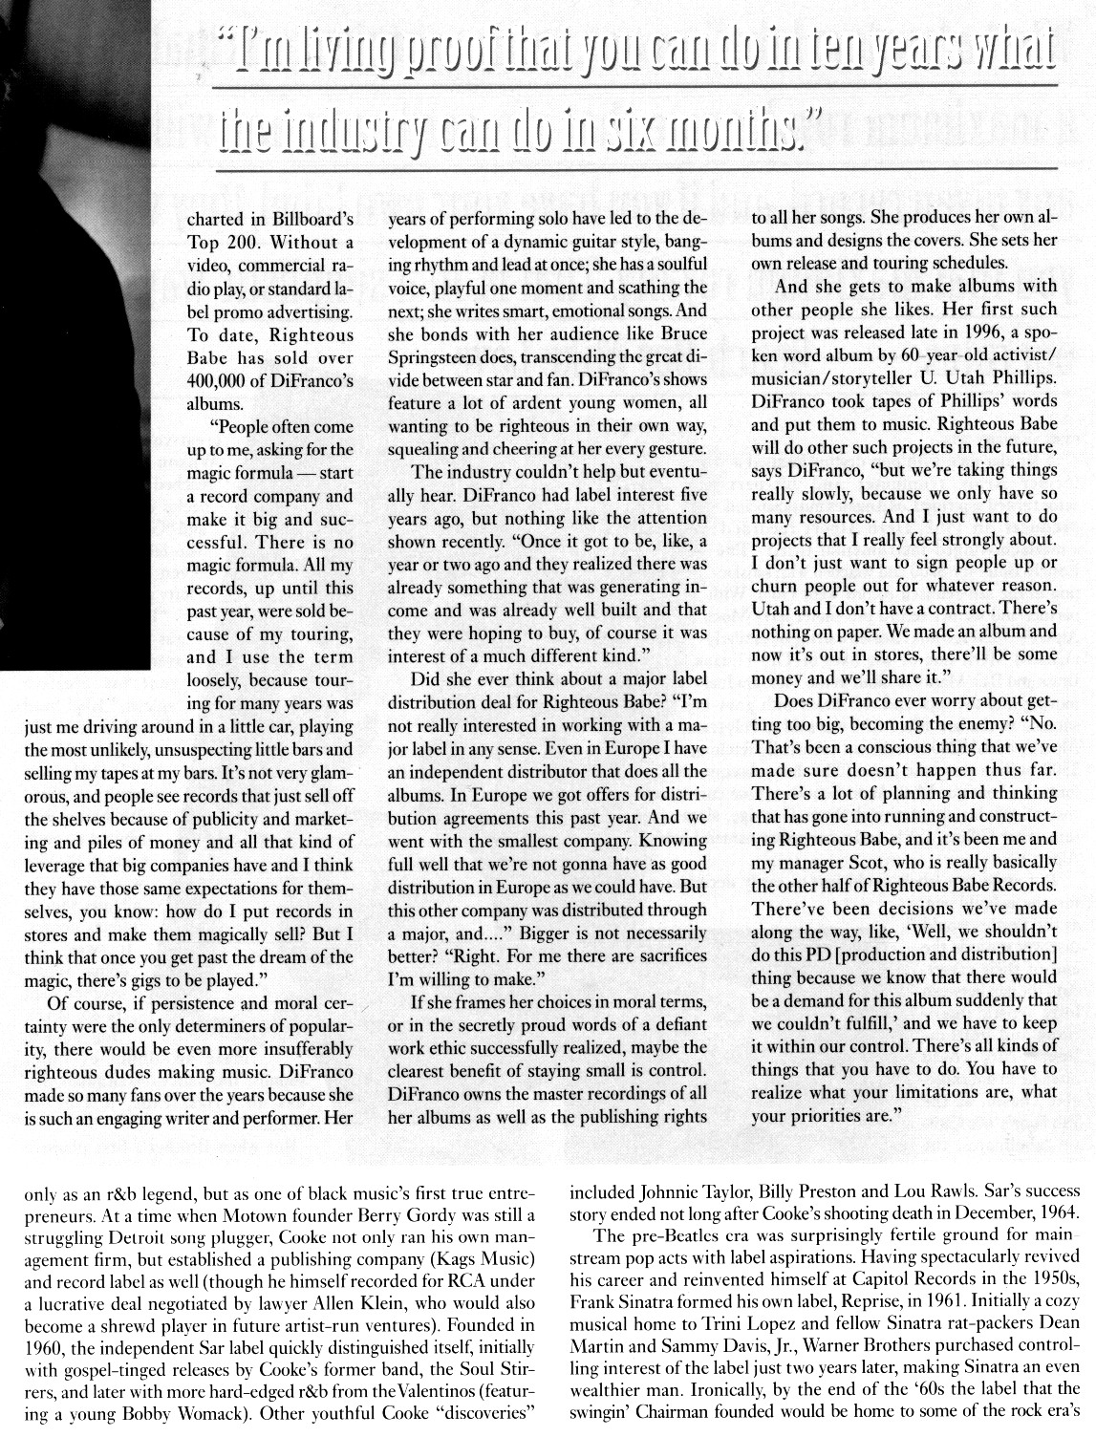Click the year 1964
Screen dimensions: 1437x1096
point(1059,1215)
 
